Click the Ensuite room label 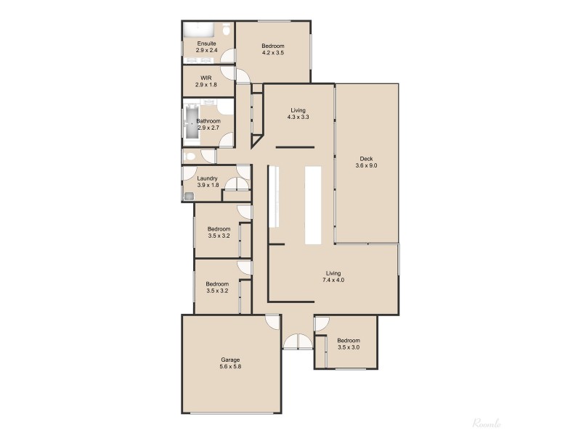click(206, 43)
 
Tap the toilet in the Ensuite click(227, 30)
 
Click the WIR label click(206, 76)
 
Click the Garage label click(230, 360)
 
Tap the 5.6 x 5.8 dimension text click(230, 368)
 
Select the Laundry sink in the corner click(188, 196)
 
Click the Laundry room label click(207, 178)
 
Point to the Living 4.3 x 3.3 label click(298, 113)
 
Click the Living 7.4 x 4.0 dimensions click(333, 281)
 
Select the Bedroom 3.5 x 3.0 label click(348, 344)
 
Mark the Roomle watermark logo click(487, 423)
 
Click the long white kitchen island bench click(313, 206)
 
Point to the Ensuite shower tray click(197, 30)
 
